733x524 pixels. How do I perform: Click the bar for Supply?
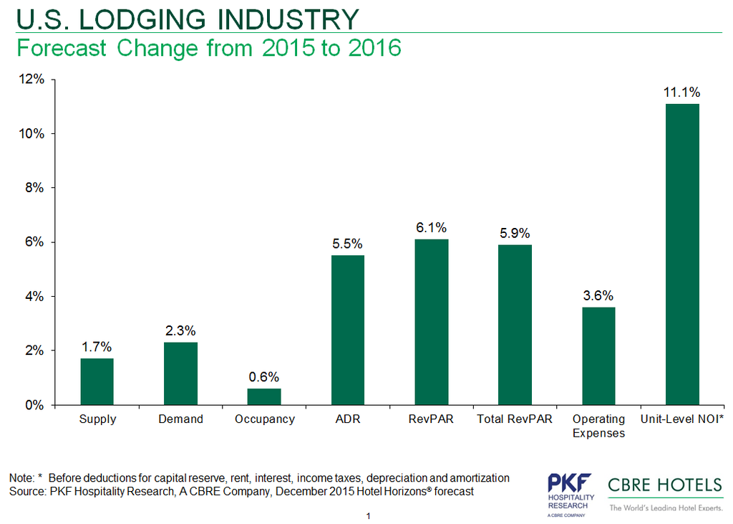pyautogui.click(x=97, y=381)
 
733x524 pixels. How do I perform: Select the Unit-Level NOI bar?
pyautogui.click(x=682, y=254)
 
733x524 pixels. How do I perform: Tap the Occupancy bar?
pyautogui.click(x=264, y=396)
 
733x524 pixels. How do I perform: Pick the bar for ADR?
pyautogui.click(x=348, y=330)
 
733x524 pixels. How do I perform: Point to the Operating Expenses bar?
pyautogui.click(x=598, y=356)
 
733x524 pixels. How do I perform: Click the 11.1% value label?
pyautogui.click(x=682, y=92)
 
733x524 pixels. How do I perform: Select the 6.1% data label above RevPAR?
pyautogui.click(x=432, y=227)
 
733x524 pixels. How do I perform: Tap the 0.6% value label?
pyautogui.click(x=264, y=376)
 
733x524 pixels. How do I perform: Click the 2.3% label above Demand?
pyautogui.click(x=180, y=330)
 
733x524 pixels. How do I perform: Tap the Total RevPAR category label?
pyautogui.click(x=515, y=419)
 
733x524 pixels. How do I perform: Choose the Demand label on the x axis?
pyautogui.click(x=180, y=419)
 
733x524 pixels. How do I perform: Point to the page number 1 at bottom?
pyautogui.click(x=367, y=515)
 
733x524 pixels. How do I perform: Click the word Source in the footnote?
pyautogui.click(x=26, y=492)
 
